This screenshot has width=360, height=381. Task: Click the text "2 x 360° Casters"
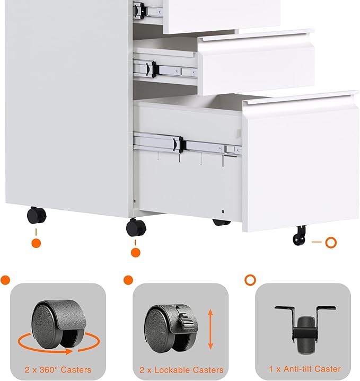(58, 369)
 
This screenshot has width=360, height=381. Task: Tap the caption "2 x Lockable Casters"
(181, 369)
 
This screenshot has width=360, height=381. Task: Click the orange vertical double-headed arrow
(210, 330)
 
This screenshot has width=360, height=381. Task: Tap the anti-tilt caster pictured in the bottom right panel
(304, 329)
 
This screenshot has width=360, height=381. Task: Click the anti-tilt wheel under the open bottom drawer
(300, 235)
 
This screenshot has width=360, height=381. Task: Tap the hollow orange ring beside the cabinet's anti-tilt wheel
(331, 243)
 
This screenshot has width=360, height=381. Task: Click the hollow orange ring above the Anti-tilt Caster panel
(250, 279)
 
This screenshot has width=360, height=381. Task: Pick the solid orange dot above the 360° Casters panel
(5, 280)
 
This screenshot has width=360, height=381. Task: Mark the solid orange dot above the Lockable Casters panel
(128, 279)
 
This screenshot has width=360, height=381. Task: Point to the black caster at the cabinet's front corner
(136, 227)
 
